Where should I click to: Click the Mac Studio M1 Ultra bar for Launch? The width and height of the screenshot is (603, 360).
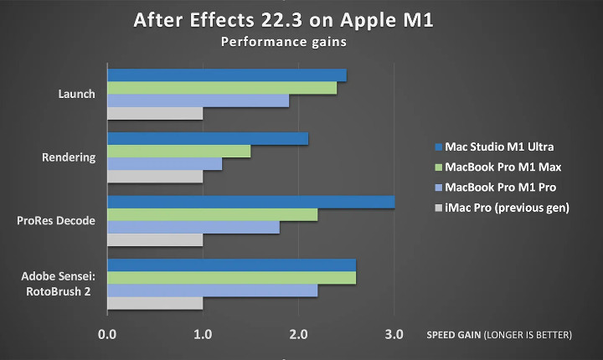(x=226, y=75)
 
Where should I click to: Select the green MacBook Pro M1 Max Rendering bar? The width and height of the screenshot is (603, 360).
(x=178, y=152)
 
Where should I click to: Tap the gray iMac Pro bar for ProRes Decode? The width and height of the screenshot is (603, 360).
(x=155, y=239)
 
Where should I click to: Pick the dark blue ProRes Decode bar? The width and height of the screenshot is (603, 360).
(x=250, y=202)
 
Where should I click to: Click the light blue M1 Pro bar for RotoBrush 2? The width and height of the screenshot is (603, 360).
(x=212, y=291)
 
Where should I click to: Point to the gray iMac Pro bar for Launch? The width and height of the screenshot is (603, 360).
(x=155, y=113)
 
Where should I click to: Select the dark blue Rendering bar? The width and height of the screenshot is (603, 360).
(x=208, y=139)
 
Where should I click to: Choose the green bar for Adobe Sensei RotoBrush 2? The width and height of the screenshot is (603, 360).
(x=231, y=278)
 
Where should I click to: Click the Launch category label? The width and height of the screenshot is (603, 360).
(x=78, y=94)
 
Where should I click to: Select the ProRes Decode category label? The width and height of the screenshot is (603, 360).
(x=57, y=221)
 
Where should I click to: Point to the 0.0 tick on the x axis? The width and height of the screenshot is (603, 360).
(x=106, y=335)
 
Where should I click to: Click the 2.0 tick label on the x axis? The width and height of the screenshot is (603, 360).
(x=298, y=335)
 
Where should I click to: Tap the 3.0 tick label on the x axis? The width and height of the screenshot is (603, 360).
(x=394, y=335)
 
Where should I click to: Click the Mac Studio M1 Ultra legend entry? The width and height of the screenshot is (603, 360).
(x=499, y=147)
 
